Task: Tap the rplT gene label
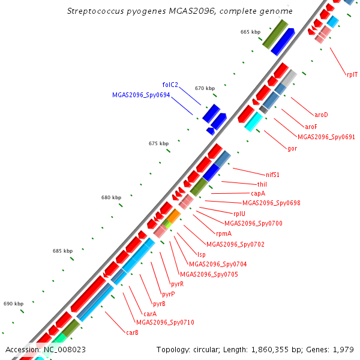pyautogui.click(x=352, y=74)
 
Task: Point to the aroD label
pyautogui.click(x=321, y=115)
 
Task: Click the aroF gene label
pyautogui.click(x=311, y=127)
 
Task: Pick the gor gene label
pyautogui.click(x=292, y=148)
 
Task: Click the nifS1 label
pyautogui.click(x=273, y=175)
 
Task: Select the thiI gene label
pyautogui.click(x=262, y=184)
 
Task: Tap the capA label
pyautogui.click(x=258, y=193)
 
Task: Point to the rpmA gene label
pyautogui.click(x=223, y=233)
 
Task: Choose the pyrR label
pyautogui.click(x=178, y=284)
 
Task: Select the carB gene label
pyautogui.click(x=132, y=332)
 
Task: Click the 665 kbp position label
pyautogui.click(x=251, y=32)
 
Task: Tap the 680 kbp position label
pyautogui.click(x=112, y=197)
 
